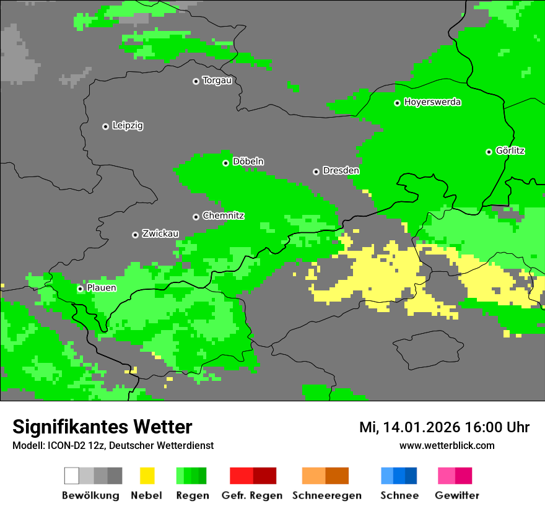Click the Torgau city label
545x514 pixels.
[217, 81]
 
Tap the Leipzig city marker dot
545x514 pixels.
[105, 126]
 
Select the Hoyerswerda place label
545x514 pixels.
[432, 102]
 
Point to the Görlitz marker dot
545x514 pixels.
[489, 152]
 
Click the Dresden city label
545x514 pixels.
[341, 171]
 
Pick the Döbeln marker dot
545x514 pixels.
[225, 163]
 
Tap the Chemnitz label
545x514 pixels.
[223, 216]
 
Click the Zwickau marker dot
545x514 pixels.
[135, 235]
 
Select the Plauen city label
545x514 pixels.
[101, 288]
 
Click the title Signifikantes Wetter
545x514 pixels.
[102, 427]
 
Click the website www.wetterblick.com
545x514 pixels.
[447, 446]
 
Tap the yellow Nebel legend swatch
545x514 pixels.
[147, 476]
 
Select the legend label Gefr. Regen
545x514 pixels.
[252, 495]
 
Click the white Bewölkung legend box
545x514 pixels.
[72, 476]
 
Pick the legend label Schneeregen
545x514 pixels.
[326, 495]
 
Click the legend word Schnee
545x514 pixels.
[399, 495]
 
